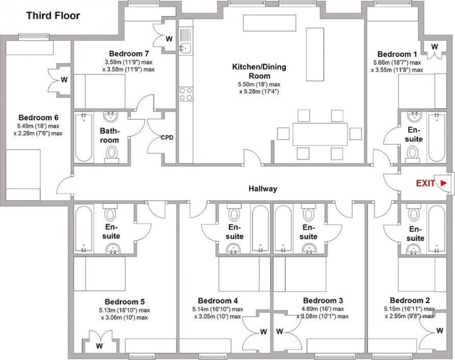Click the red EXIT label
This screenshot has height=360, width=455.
click(x=425, y=183)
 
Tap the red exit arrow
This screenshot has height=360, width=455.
click(x=443, y=183)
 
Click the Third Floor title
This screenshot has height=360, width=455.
click(x=53, y=16)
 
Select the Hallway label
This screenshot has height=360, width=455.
click(x=263, y=189)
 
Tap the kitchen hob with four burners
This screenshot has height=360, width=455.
click(x=186, y=94)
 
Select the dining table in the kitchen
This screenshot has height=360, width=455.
click(x=319, y=134)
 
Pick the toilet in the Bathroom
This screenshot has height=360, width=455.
click(x=112, y=153)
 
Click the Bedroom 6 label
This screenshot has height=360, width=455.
click(x=39, y=117)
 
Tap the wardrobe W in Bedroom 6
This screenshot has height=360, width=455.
click(x=64, y=80)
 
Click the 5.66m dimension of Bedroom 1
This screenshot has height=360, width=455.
click(x=383, y=63)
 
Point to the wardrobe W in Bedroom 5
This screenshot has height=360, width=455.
click(x=99, y=345)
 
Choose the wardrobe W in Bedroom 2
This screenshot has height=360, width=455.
click(x=440, y=331)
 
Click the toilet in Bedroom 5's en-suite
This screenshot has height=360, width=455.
click(x=110, y=214)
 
